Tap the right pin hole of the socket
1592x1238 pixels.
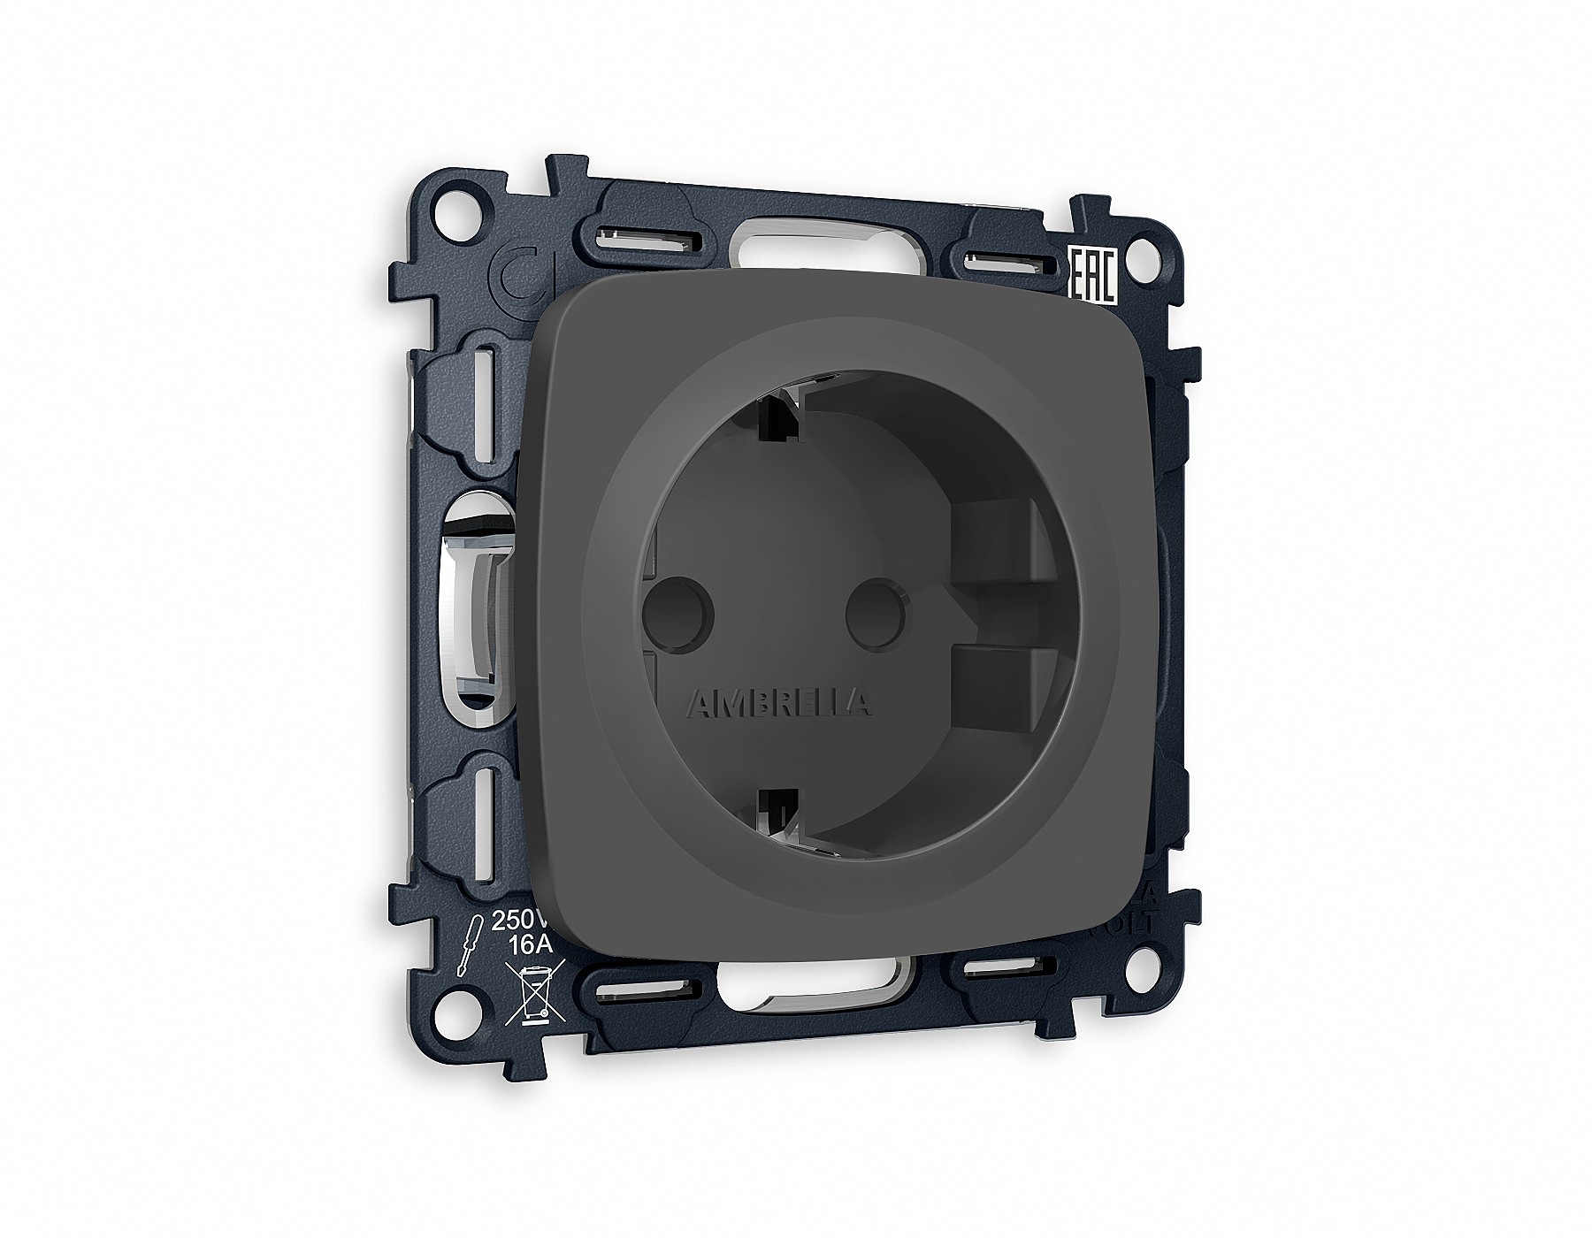[875, 610]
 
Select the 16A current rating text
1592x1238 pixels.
[531, 944]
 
